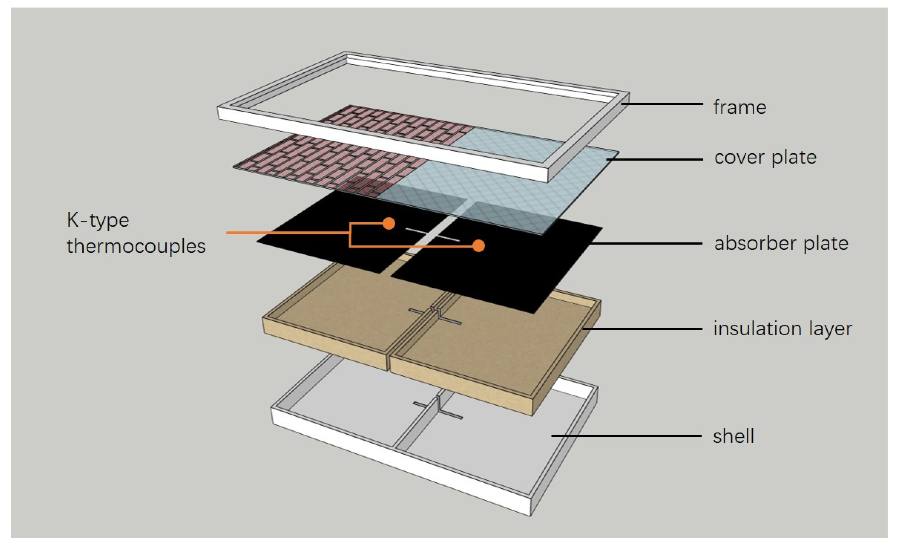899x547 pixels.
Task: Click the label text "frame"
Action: [740, 107]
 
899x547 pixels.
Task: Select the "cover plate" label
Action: [765, 158]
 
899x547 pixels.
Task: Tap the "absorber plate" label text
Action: [781, 244]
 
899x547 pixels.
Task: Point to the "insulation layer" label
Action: [783, 329]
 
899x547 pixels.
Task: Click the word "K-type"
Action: [98, 220]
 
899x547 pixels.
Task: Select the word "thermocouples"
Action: [136, 246]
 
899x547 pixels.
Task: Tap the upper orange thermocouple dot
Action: [389, 223]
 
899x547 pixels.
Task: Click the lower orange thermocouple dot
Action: [479, 246]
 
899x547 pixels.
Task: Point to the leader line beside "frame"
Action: [662, 104]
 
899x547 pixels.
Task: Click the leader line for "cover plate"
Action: [655, 160]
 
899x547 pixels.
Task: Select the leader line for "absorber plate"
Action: [646, 243]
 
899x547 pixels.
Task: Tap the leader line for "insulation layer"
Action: [642, 329]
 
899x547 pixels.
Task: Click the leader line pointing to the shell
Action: [626, 436]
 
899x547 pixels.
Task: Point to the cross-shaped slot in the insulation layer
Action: [435, 316]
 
